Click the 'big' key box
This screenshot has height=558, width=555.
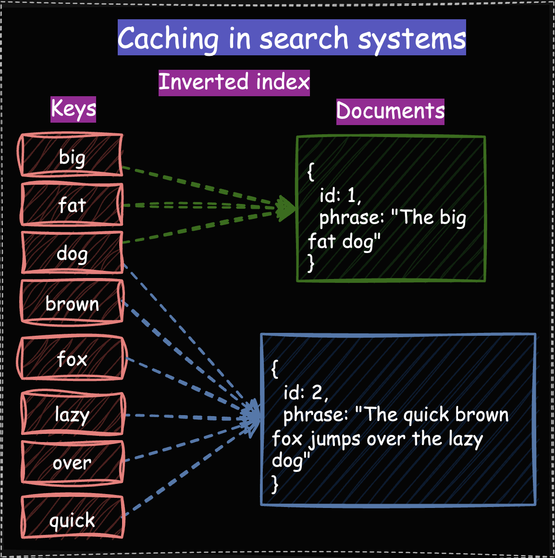coord(72,156)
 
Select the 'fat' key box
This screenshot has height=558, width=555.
coord(72,205)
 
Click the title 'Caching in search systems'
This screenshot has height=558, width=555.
coord(292,38)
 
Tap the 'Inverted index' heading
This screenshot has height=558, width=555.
coord(234,82)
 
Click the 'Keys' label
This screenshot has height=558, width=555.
coord(74,109)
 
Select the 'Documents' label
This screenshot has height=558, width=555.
coord(390,111)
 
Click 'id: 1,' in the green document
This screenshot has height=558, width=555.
coord(340,195)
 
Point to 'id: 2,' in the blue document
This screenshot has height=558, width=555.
coord(306,393)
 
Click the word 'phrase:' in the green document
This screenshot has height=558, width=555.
coord(352,218)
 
